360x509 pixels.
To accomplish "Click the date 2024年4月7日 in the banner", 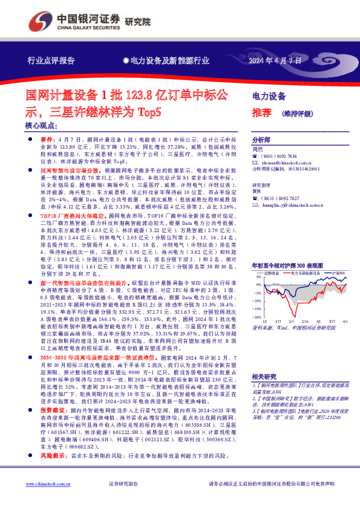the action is pos(276,60).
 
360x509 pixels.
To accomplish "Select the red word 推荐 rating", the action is pos(261,112).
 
